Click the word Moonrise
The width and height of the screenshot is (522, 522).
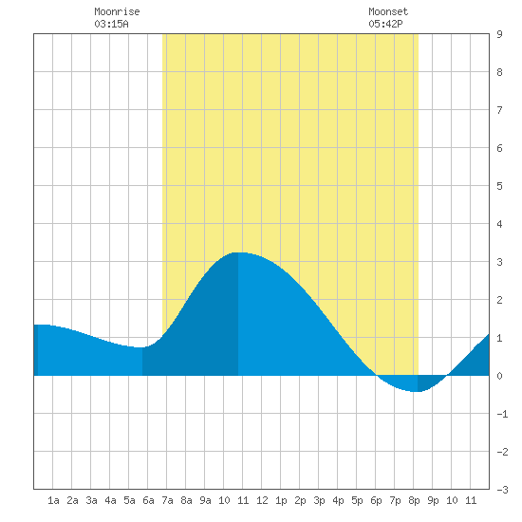pyautogui.click(x=117, y=11)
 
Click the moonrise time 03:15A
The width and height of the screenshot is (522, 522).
pyautogui.click(x=111, y=24)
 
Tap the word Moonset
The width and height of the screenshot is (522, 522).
pyautogui.click(x=388, y=11)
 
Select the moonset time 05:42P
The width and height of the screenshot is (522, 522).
pyautogui.click(x=385, y=24)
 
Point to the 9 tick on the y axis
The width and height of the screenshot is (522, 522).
pyautogui.click(x=499, y=34)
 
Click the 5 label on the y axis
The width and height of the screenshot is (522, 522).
pyautogui.click(x=499, y=186)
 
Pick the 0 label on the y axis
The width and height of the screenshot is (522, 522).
pyautogui.click(x=499, y=376)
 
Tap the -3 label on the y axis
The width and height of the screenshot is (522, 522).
pyautogui.click(x=502, y=490)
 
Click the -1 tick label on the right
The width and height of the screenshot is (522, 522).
pyautogui.click(x=502, y=414)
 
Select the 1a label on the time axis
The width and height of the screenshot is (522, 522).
pyautogui.click(x=53, y=500)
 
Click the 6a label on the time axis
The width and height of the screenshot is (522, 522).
pyautogui.click(x=148, y=500)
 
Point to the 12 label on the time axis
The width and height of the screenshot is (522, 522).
pyautogui.click(x=262, y=500)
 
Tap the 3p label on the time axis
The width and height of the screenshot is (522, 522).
pyautogui.click(x=319, y=500)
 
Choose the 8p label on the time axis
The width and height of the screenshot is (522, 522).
pyautogui.click(x=414, y=500)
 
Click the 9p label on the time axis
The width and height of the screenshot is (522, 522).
pyautogui.click(x=433, y=500)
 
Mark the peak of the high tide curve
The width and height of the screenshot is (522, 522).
pyautogui.click(x=238, y=252)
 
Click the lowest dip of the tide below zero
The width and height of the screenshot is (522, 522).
pyautogui.click(x=418, y=391)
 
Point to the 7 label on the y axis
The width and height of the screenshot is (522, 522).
pyautogui.click(x=499, y=110)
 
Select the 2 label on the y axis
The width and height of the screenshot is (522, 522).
pyautogui.click(x=499, y=300)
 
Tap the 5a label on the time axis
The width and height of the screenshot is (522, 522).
pyautogui.click(x=129, y=500)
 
